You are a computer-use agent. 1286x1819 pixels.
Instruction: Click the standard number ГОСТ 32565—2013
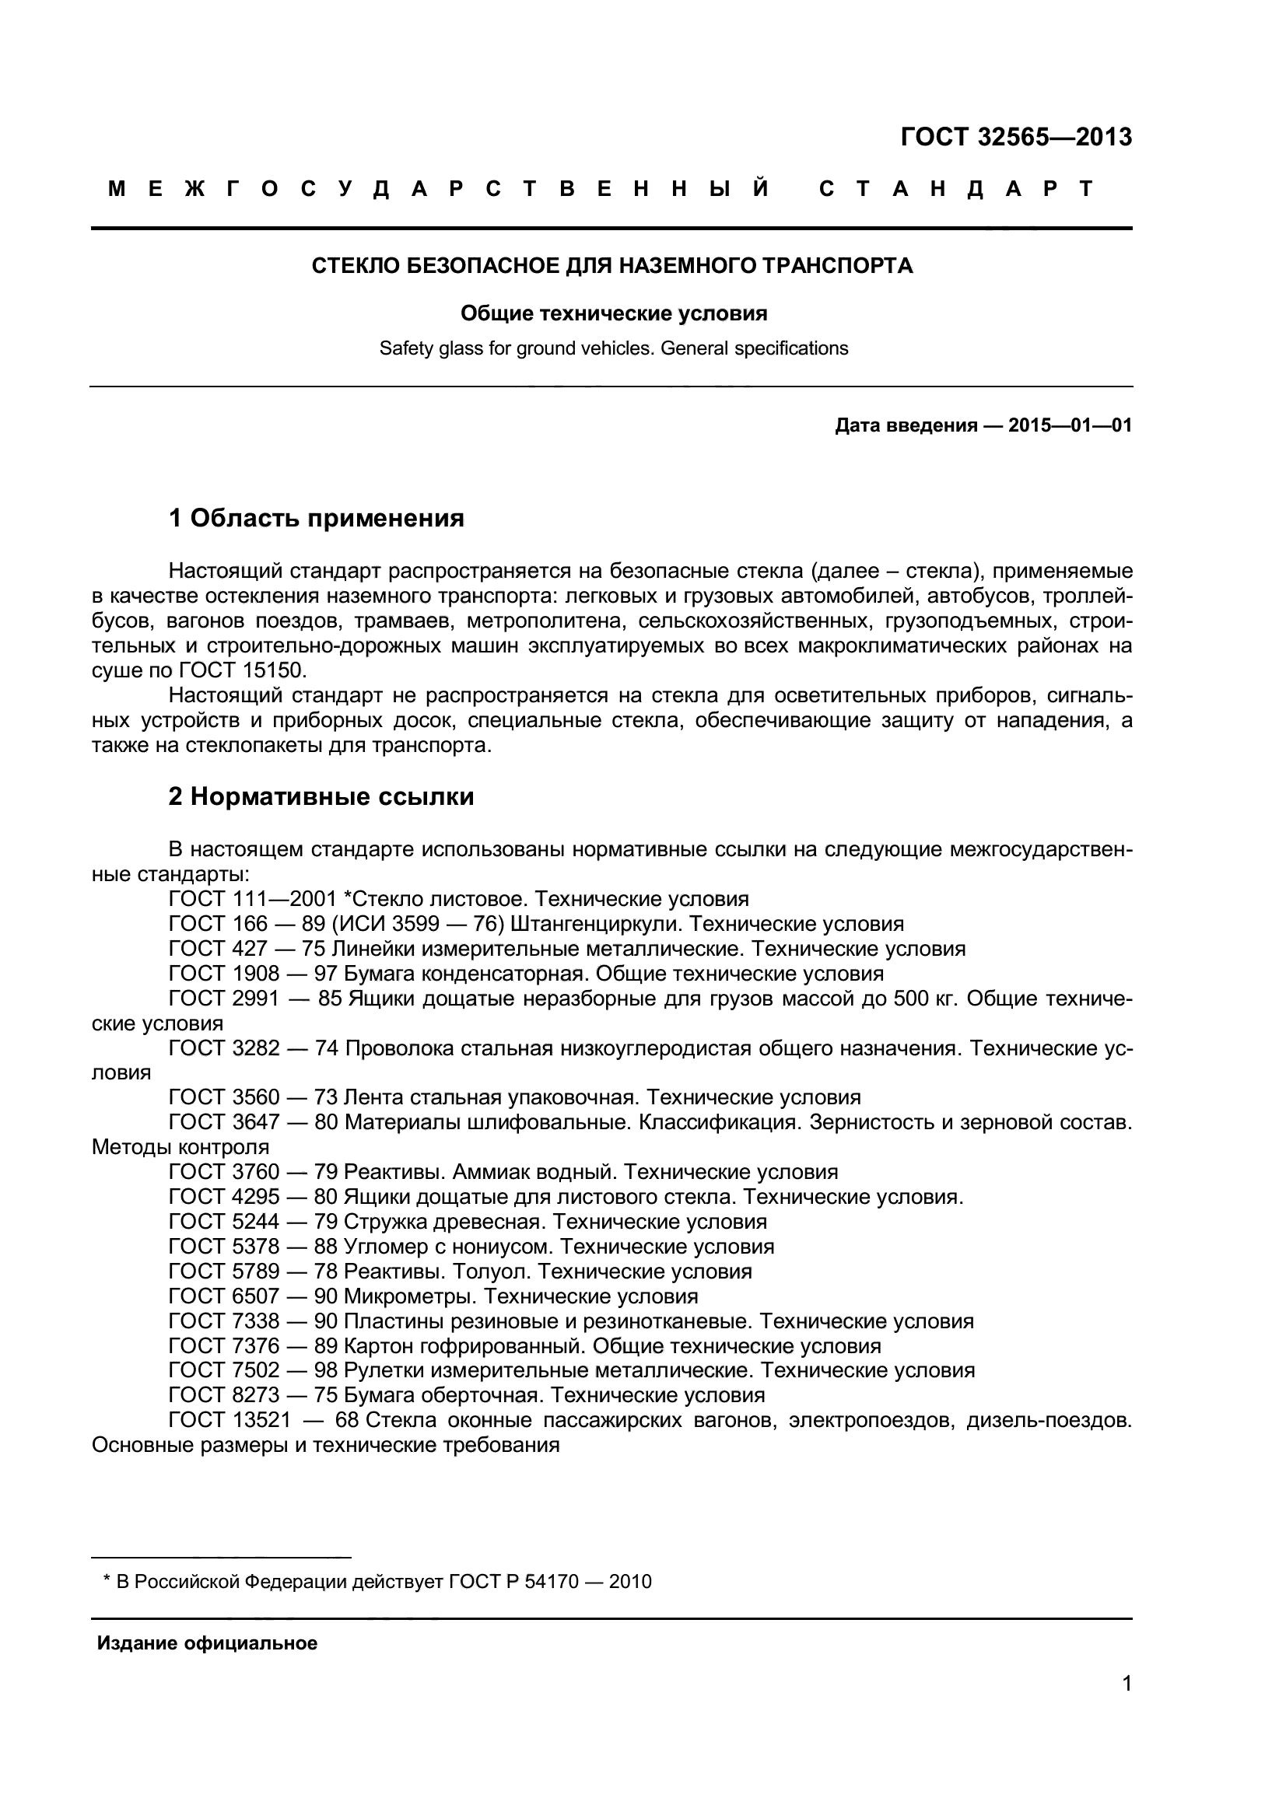[1016, 138]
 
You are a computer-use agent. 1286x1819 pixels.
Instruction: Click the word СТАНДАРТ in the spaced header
[955, 189]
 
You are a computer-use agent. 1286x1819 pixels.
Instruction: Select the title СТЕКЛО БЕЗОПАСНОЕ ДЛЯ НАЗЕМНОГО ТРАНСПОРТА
[611, 266]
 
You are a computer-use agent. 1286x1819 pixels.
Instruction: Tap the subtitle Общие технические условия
[613, 313]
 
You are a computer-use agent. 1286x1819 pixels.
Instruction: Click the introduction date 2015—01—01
[1069, 426]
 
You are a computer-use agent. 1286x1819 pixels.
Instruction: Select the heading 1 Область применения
[316, 519]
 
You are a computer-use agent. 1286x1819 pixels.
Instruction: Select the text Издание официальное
[207, 1644]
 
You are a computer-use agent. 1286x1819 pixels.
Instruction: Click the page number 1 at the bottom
[1127, 1705]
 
